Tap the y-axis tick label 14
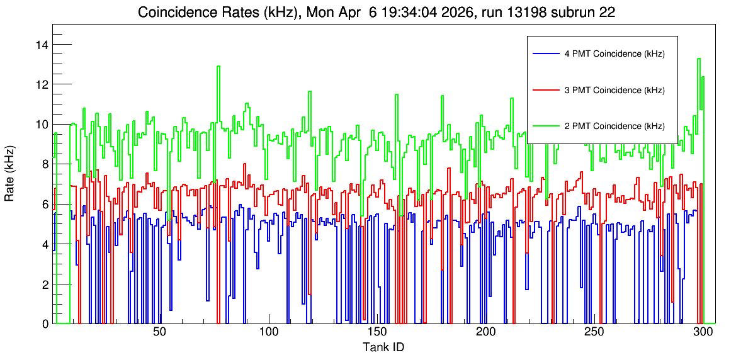coord(43,45)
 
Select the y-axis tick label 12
coord(43,84)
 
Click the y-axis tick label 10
coord(43,125)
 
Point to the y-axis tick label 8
coord(45,164)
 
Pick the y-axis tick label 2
coord(45,284)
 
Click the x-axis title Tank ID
coord(383,347)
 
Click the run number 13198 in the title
coord(519,13)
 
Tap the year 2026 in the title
coord(459,13)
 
